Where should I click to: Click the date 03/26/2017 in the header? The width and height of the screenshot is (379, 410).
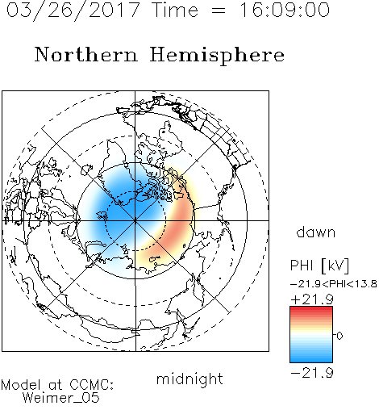point(73,10)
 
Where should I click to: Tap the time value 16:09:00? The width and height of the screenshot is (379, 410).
point(285,10)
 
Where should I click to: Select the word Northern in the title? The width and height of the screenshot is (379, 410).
point(86,54)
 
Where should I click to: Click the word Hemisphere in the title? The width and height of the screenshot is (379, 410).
point(217,56)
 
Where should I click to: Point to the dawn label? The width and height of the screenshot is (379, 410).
point(316,232)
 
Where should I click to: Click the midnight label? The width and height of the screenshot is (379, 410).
point(189,379)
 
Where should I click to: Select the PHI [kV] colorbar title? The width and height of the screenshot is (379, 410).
point(319,266)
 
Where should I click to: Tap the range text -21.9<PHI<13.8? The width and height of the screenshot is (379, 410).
point(333,284)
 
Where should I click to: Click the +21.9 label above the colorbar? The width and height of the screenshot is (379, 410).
point(312,299)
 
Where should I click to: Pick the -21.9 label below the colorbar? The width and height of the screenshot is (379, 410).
point(312,373)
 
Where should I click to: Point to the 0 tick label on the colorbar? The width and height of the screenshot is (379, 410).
point(339,336)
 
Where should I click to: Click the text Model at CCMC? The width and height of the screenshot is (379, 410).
point(57,385)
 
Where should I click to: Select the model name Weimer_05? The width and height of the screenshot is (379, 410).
point(61,398)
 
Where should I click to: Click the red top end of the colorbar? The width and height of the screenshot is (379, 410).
point(311,308)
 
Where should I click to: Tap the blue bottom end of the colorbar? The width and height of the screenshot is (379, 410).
point(311,360)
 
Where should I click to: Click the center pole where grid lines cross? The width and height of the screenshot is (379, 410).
point(135,220)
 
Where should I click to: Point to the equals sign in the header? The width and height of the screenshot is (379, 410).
point(219,10)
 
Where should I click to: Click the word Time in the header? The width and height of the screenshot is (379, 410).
point(175,10)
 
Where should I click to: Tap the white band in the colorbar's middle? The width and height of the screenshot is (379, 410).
point(311,335)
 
